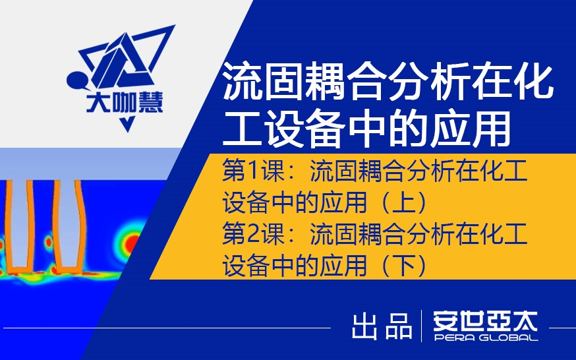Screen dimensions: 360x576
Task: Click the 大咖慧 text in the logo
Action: tap(125, 103)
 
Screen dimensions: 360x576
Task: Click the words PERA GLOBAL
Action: tap(485, 338)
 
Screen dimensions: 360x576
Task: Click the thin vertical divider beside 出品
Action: tap(422, 326)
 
